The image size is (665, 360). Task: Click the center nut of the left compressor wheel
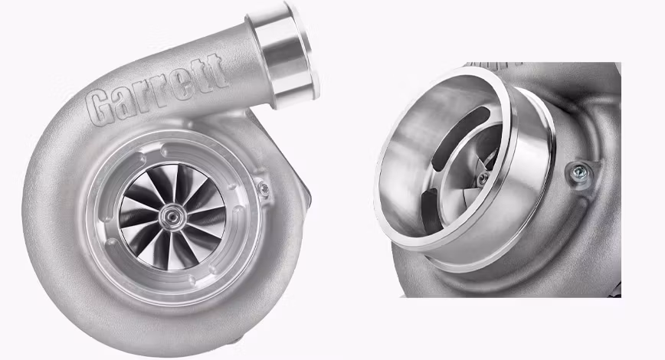point(170,216)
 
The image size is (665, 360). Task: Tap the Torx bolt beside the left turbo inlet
point(263,188)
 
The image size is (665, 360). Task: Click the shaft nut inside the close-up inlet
point(482,179)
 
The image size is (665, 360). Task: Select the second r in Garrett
point(157,89)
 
